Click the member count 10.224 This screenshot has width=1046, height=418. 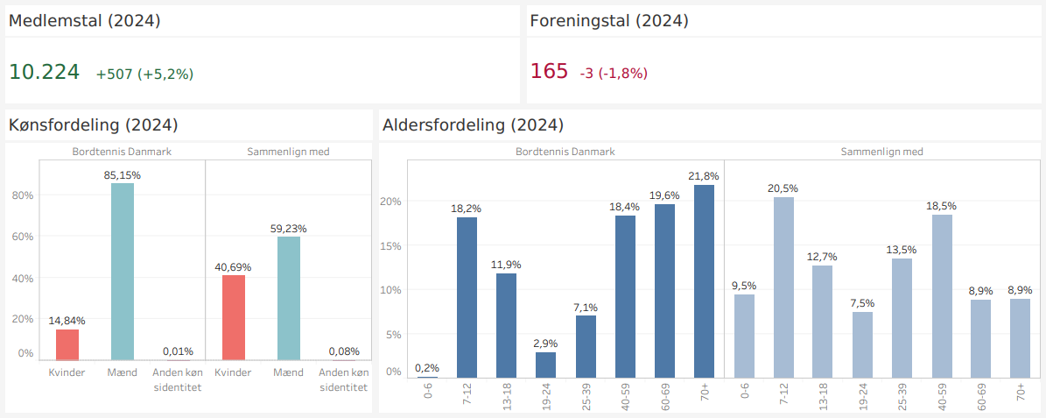[x=44, y=72]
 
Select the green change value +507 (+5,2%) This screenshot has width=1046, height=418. [x=144, y=74]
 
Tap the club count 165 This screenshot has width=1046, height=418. [x=549, y=72]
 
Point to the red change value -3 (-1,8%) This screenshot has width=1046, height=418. [x=614, y=74]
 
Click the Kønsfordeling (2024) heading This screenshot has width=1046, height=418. [x=94, y=125]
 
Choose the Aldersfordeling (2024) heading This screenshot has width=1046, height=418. [x=473, y=125]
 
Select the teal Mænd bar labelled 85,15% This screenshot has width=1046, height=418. [x=123, y=272]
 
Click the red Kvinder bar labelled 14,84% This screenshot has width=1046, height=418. [x=67, y=344]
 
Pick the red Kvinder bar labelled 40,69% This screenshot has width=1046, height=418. [x=234, y=317]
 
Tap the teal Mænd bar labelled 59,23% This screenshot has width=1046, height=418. [x=289, y=298]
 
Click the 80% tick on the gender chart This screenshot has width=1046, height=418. [x=22, y=195]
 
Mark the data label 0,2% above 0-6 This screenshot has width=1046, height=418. [x=427, y=368]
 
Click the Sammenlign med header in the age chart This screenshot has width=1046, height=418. [x=881, y=152]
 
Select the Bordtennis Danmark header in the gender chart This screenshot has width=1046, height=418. [x=121, y=152]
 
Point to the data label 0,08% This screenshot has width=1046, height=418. [x=344, y=351]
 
